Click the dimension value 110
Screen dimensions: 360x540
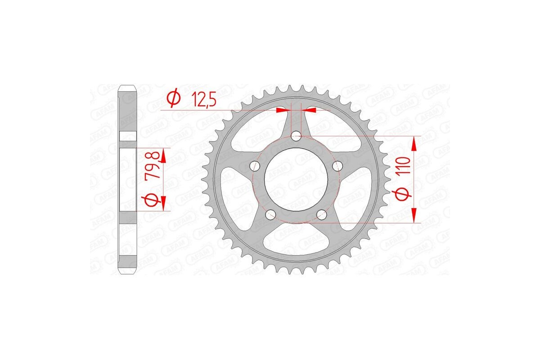pos(403,166)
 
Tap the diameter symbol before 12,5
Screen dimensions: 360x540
pos(174,98)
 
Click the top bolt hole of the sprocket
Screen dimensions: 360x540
pos(296,135)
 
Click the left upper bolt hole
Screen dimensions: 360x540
pos(255,166)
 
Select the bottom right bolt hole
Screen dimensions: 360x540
pos(321,215)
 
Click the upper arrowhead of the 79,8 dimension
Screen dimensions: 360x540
pos(163,155)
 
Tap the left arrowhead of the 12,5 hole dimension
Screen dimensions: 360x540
pos(282,109)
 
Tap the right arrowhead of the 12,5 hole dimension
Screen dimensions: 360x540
pos(310,109)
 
